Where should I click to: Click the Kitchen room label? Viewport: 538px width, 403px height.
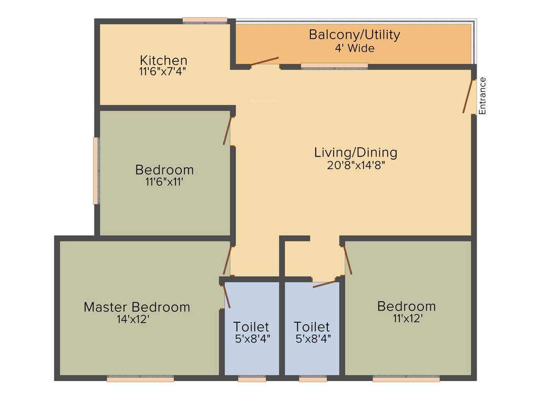(163, 60)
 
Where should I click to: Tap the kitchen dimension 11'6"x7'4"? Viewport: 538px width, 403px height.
(163, 71)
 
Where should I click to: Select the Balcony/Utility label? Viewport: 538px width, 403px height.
(354, 35)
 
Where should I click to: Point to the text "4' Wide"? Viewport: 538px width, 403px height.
(355, 48)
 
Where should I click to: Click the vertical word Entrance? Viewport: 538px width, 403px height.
(482, 96)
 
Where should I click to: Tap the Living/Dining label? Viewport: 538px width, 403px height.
(356, 153)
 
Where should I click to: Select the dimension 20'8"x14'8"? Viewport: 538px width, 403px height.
(356, 165)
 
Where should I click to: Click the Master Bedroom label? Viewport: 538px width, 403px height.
(137, 307)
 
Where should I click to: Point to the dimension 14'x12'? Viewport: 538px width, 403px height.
(137, 319)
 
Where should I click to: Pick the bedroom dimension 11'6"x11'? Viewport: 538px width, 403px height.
(164, 182)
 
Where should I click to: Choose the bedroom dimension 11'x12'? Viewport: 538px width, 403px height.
(406, 318)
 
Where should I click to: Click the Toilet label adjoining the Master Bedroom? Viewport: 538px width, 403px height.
(252, 327)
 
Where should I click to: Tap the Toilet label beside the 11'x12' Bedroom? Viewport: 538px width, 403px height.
(312, 327)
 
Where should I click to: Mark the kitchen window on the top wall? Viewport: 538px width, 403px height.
(205, 21)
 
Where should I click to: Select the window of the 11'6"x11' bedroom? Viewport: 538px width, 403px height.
(96, 171)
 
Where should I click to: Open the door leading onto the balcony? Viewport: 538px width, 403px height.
(264, 61)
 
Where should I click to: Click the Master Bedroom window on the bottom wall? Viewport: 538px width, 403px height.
(140, 378)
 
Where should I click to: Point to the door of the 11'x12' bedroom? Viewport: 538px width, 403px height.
(347, 261)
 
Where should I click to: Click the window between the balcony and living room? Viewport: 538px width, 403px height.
(334, 66)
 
